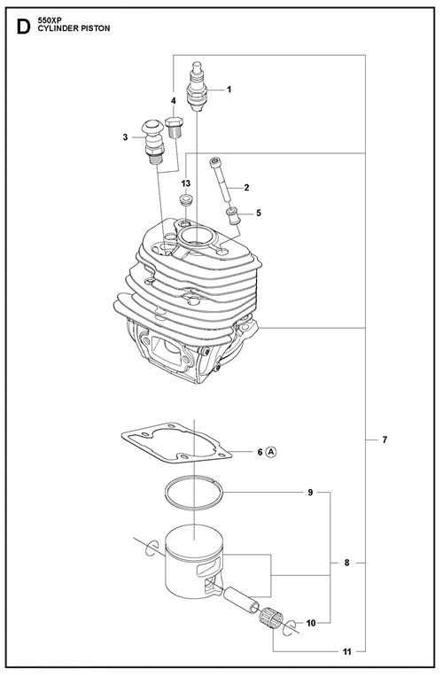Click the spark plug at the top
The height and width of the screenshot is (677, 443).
point(197,86)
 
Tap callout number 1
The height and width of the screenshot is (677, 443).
point(229,89)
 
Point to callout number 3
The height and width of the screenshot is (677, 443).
point(125,137)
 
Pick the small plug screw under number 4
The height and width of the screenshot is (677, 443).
point(175,126)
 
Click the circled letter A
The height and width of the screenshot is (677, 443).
point(271,452)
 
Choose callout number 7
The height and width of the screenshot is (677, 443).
point(385,440)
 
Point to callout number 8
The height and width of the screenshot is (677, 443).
point(346,563)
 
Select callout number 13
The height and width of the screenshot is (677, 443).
point(186,184)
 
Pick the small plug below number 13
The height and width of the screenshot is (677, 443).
point(186,200)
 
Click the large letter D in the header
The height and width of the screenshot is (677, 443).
point(23,27)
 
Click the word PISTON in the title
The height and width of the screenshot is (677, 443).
point(95,28)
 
